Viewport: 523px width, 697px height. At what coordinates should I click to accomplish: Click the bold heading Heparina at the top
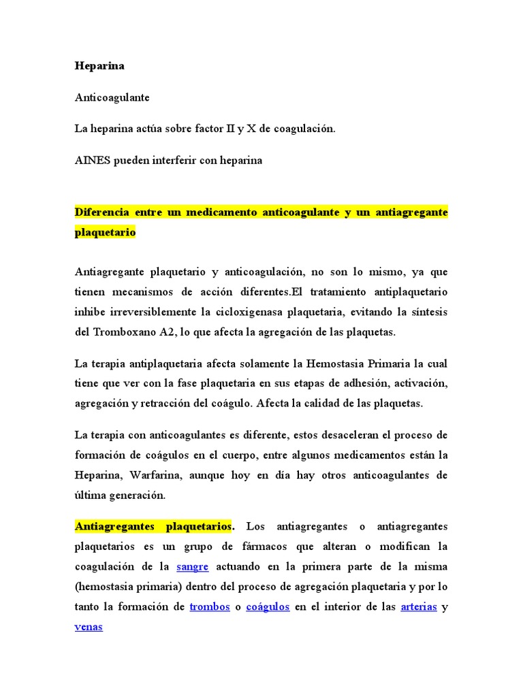pyautogui.click(x=99, y=67)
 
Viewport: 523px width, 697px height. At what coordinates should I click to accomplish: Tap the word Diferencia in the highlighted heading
pyautogui.click(x=101, y=212)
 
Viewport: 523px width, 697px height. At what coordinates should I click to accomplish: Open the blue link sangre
pyautogui.click(x=192, y=566)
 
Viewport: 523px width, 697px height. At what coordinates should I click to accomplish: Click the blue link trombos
pyautogui.click(x=209, y=606)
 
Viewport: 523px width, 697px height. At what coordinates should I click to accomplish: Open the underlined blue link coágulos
pyautogui.click(x=268, y=606)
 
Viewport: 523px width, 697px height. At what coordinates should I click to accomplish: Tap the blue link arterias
pyautogui.click(x=418, y=606)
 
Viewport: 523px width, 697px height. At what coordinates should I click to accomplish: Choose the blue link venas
pyautogui.click(x=89, y=626)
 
